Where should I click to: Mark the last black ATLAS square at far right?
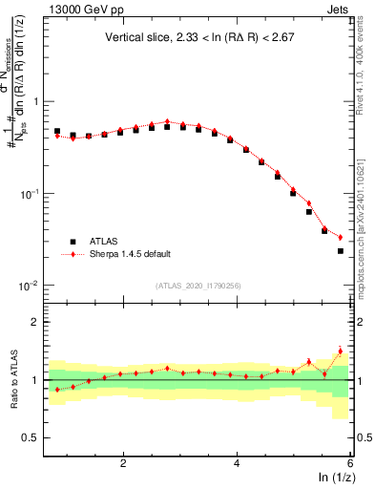341,251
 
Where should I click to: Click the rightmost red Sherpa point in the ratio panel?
341,351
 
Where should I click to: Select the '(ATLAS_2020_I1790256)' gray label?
198,285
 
